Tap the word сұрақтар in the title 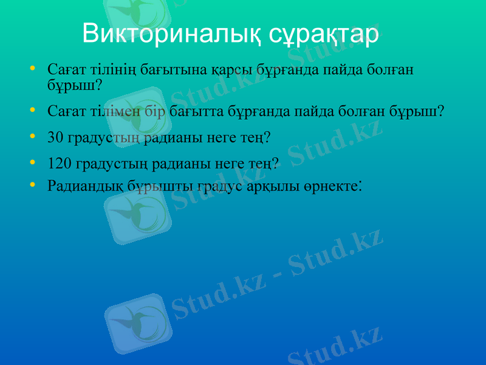click(324, 33)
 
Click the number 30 click(55, 138)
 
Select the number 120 click(60, 164)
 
